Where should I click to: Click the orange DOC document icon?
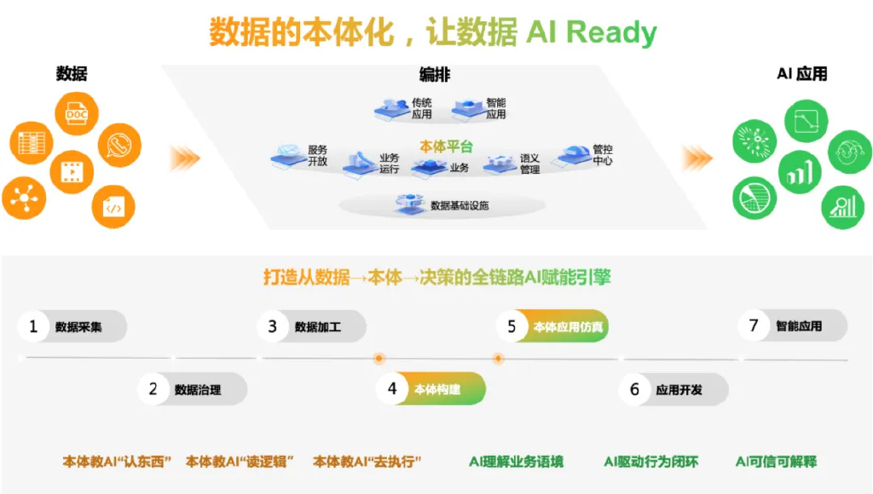coord(77,113)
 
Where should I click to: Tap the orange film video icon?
coord(72,172)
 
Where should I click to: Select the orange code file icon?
coord(113,207)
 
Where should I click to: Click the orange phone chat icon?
coord(119,145)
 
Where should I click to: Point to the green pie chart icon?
coord(754,198)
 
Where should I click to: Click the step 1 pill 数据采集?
coord(72,326)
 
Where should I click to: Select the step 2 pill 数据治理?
coord(193,389)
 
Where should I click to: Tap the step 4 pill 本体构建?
coord(431,388)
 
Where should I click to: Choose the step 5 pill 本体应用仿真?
coord(552,326)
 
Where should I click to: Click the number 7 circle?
coord(754,325)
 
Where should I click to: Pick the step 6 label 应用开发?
coord(679,390)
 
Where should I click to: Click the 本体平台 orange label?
coord(446,146)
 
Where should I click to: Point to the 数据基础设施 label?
coord(460,206)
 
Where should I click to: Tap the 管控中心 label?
coord(603,155)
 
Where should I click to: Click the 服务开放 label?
coord(317,156)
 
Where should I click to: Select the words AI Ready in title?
coord(592,32)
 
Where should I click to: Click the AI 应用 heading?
coord(801,74)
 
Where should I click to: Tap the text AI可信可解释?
coord(776,461)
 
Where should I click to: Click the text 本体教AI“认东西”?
coord(116,461)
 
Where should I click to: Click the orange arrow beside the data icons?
coord(185,158)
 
